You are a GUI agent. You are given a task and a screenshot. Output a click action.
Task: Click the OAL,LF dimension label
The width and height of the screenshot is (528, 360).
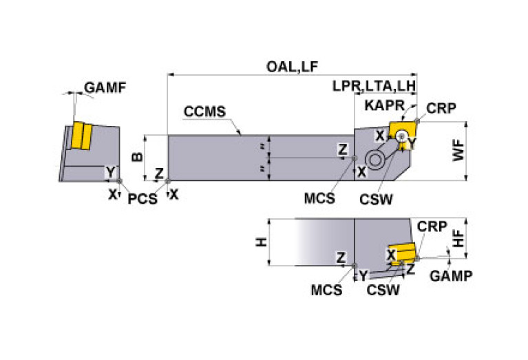292,67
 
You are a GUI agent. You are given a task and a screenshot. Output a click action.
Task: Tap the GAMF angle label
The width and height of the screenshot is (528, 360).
105,87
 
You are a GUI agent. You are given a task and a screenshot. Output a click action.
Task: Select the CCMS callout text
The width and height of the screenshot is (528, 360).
204,112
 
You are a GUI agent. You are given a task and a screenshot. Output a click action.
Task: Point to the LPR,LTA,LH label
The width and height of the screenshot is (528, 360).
374,86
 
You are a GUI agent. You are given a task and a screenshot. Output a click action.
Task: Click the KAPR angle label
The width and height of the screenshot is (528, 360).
385,105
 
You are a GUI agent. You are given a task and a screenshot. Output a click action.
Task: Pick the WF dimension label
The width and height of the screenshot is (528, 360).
458,151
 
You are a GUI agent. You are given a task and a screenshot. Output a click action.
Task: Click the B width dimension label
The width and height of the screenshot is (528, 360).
138,157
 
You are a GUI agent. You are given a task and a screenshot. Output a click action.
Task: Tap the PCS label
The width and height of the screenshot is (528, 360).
142,199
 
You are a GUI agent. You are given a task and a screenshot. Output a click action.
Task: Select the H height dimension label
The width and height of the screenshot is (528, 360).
262,242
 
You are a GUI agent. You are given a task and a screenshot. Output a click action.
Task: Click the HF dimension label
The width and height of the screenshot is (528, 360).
458,238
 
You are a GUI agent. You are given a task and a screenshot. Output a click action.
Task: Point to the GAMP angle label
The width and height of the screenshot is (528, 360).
451,276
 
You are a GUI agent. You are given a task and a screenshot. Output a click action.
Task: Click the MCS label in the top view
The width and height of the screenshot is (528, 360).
319,198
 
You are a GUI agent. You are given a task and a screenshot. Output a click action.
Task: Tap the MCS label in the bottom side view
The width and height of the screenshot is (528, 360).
326,290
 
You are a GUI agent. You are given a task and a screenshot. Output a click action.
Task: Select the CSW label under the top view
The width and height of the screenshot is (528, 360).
376,200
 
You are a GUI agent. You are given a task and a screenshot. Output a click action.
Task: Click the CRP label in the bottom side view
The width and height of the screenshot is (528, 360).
432,226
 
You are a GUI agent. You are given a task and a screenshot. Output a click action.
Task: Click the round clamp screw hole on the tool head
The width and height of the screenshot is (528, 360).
374,160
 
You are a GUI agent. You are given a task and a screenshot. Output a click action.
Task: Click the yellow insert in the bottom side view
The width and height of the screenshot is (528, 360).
401,253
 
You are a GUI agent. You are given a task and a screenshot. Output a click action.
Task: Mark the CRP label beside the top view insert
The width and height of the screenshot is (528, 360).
441,108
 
